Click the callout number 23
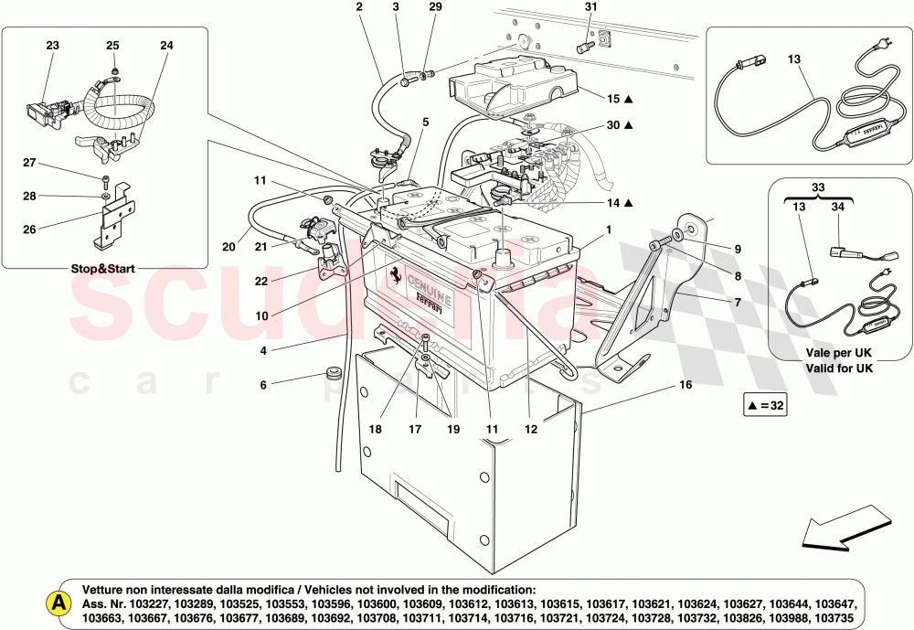pos(52,45)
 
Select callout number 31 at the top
pos(590,8)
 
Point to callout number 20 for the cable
pos(228,246)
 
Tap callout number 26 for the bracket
pos(28,229)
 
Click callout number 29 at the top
pos(435,8)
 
